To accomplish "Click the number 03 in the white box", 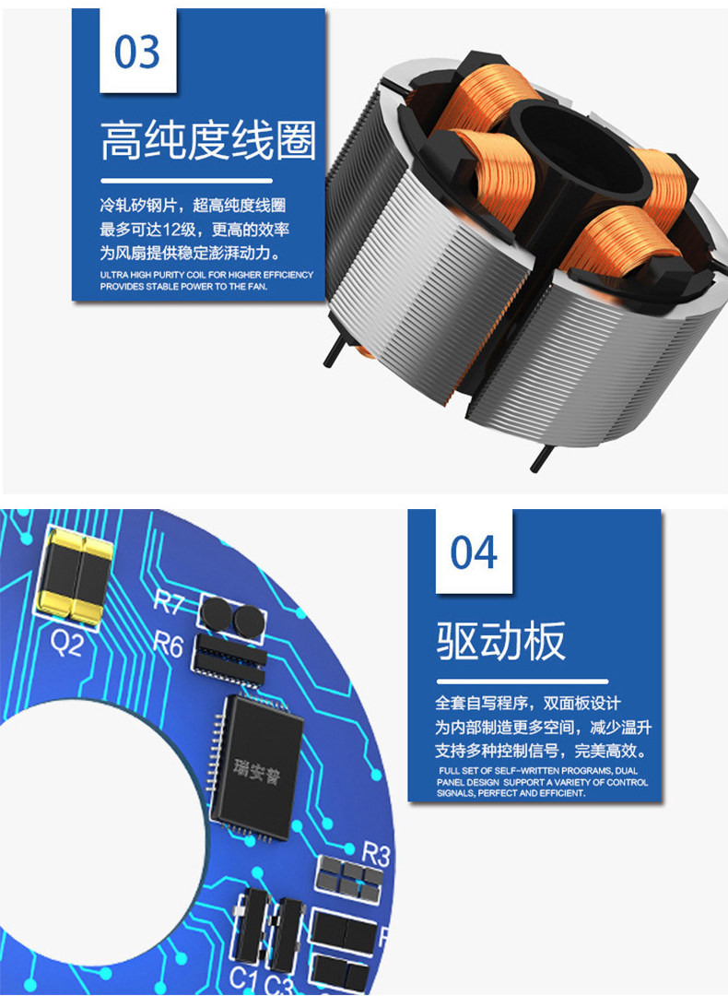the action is (137, 52).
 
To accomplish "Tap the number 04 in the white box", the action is (474, 552).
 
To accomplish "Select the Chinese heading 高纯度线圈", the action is (208, 140).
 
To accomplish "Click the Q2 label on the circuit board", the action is (66, 644).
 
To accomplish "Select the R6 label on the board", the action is (169, 645).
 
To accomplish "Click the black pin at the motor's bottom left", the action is (335, 351).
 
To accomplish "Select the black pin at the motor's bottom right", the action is (542, 457).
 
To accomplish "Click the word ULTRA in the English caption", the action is (114, 275).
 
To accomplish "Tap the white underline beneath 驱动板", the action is (522, 682).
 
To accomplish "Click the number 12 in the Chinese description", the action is (171, 230).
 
